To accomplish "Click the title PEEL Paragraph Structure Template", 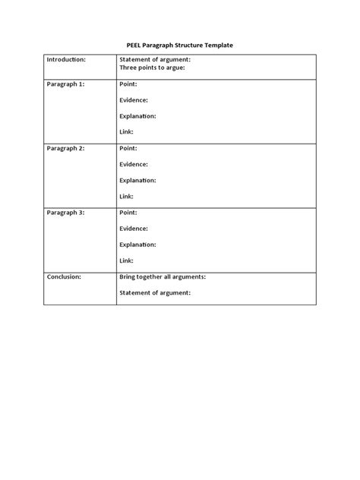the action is (x=179, y=46).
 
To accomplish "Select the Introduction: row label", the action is (x=66, y=59).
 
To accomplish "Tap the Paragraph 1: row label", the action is (x=65, y=84).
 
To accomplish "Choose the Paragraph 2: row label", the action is (x=65, y=148).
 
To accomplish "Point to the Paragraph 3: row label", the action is (x=65, y=213).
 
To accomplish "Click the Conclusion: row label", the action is (x=64, y=277).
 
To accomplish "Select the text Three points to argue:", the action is (x=153, y=68).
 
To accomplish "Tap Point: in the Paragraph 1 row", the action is (x=128, y=84).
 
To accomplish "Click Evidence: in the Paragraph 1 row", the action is (x=134, y=100).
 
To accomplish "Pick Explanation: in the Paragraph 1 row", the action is (x=137, y=116).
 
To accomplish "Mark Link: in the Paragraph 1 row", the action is (x=127, y=132).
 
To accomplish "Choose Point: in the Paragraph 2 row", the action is (x=128, y=148).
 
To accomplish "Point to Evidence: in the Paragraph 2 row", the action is (x=134, y=164).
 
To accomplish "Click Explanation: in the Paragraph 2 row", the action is (x=137, y=180).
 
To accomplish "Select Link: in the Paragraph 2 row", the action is (x=127, y=196).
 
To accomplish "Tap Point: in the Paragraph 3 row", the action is (x=128, y=213).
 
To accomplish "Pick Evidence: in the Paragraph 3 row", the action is (x=134, y=229).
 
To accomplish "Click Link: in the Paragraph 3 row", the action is (x=127, y=261).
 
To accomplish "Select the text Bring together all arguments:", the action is (x=163, y=277).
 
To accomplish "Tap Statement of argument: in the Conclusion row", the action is (x=155, y=292).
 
